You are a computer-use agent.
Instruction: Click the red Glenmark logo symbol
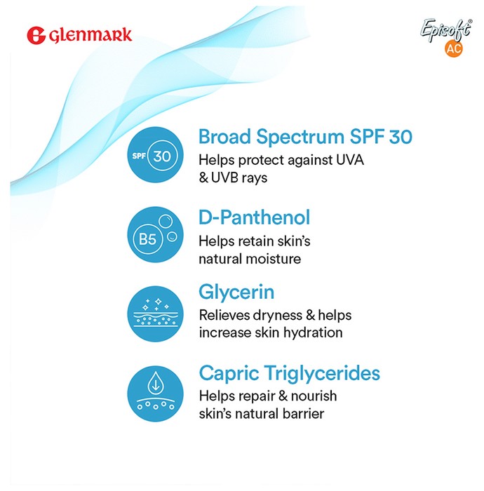(36, 35)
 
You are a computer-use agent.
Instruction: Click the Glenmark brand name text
(90, 35)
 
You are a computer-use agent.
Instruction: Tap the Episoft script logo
(446, 30)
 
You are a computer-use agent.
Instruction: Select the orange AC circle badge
(454, 48)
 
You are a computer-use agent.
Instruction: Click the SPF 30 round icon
(155, 155)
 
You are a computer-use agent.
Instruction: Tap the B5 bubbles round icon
(155, 235)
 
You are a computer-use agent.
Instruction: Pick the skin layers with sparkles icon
(155, 314)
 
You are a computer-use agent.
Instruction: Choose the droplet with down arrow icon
(155, 394)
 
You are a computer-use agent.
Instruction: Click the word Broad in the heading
(224, 137)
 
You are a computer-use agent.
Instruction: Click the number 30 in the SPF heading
(401, 137)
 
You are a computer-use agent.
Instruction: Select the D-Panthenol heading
(254, 217)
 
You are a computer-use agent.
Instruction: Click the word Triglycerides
(323, 374)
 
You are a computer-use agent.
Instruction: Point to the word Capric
(229, 374)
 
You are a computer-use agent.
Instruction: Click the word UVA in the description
(350, 160)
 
